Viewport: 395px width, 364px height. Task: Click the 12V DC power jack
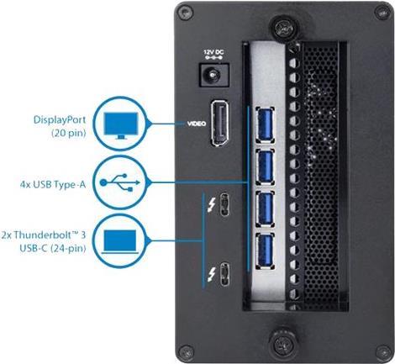tap(214, 75)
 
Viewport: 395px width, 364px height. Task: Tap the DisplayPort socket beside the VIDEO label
tap(219, 124)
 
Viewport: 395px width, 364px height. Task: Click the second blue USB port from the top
tap(265, 166)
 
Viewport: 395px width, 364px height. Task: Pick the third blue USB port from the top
tap(265, 208)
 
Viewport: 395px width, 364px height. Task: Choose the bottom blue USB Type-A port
tap(265, 251)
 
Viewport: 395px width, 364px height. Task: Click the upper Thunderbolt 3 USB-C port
tap(224, 204)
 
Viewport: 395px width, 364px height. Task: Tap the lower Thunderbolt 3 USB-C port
tap(224, 274)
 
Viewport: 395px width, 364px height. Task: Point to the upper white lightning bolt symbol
tap(211, 205)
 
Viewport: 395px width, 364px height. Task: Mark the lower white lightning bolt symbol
tap(211, 274)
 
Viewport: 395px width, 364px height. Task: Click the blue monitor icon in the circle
tap(121, 125)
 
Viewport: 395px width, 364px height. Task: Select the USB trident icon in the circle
tap(119, 182)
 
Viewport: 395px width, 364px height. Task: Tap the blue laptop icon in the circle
tap(120, 242)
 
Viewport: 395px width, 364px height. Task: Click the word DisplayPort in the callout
tap(60, 120)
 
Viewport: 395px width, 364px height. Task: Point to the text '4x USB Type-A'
tap(53, 185)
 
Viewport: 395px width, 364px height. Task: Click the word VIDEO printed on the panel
tap(197, 124)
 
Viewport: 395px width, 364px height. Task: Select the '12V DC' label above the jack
tap(213, 52)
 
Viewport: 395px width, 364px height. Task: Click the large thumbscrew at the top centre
tap(284, 27)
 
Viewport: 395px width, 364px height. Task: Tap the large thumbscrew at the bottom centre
tap(283, 342)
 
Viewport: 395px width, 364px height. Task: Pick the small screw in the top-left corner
tap(185, 13)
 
